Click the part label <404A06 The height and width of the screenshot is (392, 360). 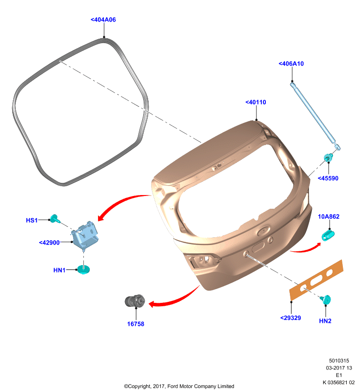coord(103,20)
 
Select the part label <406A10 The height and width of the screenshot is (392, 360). coord(291,64)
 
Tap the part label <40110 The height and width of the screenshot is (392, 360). coord(256,102)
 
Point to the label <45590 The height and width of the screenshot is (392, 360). coord(328,178)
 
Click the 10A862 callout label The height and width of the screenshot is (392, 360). coord(329,217)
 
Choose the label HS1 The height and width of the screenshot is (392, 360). coord(32,220)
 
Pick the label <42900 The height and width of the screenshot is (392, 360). coord(49,243)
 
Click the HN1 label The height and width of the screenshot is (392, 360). coord(59,270)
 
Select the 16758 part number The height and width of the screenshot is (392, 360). coord(135,324)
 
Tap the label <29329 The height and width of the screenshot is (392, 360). coord(290,318)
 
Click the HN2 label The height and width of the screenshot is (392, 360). coord(325,321)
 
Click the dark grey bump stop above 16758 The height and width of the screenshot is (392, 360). coord(135,301)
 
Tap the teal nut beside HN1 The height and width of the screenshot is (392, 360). coord(83,269)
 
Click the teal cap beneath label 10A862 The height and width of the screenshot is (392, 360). coord(328,236)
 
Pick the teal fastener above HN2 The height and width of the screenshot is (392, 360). coord(326,299)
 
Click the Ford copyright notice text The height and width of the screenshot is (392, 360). coord(179,386)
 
